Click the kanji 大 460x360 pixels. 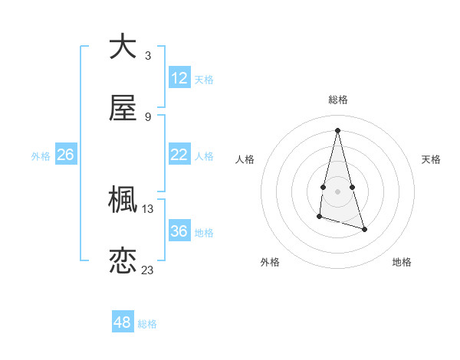pos(123,47)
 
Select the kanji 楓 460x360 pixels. pos(123,200)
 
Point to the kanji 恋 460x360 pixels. pos(123,261)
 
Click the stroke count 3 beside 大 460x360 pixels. pos(148,56)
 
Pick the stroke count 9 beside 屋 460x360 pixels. pos(148,117)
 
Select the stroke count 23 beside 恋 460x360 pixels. pos(148,270)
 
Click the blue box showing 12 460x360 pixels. pos(179,78)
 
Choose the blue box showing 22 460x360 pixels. pos(179,155)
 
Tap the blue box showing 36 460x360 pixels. pos(179,231)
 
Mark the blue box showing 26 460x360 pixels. pos(66,155)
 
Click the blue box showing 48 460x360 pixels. pos(123,322)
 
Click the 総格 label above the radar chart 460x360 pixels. pos(338,100)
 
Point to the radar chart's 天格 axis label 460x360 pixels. pos(432,159)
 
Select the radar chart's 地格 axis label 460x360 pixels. pos(402,262)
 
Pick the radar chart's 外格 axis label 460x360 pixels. pos(270,262)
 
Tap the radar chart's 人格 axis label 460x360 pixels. pos(245,159)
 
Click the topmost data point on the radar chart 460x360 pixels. pos(337,130)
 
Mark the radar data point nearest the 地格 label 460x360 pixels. pos(364,229)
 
